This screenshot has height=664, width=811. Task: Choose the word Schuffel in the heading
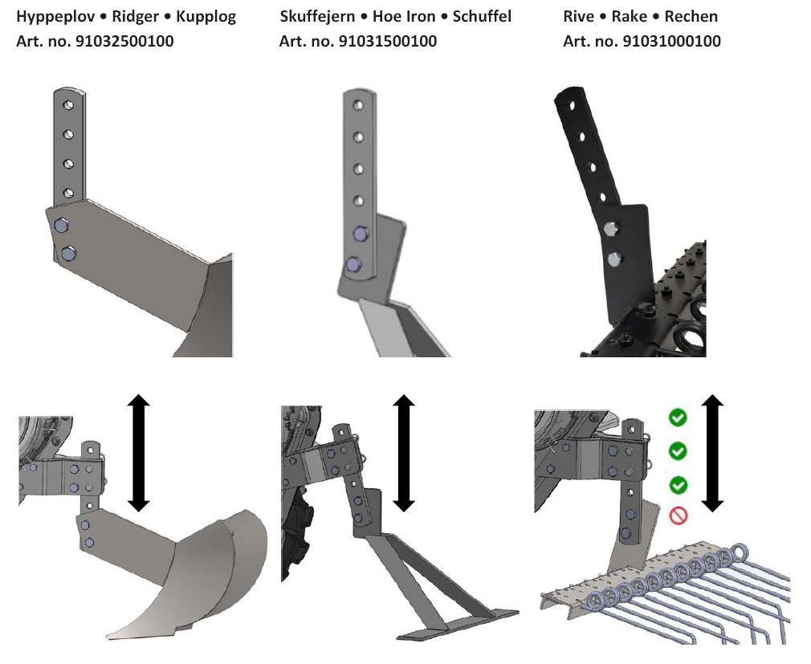482,17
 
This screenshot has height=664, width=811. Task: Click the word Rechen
691,17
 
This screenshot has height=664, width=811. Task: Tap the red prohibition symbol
678,515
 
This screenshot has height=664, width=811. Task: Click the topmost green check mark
678,418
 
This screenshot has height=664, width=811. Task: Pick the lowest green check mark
678,485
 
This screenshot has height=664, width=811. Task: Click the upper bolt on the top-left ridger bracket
61,227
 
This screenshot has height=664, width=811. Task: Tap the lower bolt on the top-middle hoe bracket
352,264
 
